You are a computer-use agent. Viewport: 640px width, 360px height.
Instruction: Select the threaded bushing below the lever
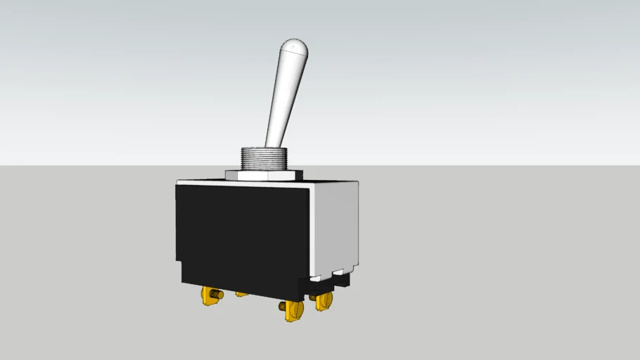click(x=264, y=158)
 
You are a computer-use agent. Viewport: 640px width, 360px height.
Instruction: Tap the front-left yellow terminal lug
click(x=209, y=296)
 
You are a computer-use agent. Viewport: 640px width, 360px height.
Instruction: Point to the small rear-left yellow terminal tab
click(x=242, y=293)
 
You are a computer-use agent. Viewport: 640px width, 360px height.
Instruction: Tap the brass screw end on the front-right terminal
click(x=283, y=307)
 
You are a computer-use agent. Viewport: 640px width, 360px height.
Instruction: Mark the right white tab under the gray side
click(x=343, y=271)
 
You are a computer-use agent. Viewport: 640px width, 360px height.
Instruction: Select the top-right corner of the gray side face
click(x=358, y=182)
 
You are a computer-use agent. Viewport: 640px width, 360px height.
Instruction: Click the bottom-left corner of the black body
click(x=182, y=283)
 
